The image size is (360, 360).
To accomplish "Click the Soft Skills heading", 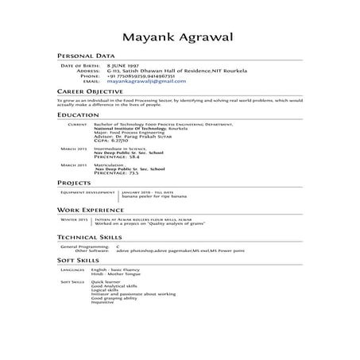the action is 77,260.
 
